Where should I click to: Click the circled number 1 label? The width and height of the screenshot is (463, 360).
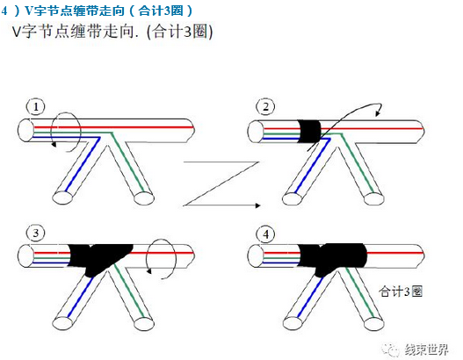point(36,106)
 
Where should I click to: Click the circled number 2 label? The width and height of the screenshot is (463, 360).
point(265,106)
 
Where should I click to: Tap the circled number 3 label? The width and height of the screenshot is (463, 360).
point(36,233)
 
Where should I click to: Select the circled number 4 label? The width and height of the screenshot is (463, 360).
point(265,234)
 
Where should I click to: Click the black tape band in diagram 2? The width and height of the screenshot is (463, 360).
point(309,132)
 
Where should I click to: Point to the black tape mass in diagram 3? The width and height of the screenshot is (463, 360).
point(99,257)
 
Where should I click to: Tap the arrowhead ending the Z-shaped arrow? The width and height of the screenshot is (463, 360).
point(257,205)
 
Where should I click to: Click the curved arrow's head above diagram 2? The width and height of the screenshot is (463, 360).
point(378,113)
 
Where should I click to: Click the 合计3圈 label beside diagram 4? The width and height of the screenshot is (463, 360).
point(401,292)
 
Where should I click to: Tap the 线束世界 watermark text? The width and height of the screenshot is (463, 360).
point(426,350)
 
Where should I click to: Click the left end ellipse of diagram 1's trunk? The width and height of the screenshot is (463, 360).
point(26,130)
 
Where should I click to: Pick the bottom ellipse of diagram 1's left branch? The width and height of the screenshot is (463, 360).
point(62,198)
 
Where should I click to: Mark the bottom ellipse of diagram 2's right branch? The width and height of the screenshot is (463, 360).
point(374,198)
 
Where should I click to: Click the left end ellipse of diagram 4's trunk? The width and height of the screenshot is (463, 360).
point(256,256)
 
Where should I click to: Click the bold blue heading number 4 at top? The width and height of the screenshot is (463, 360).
point(4,11)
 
